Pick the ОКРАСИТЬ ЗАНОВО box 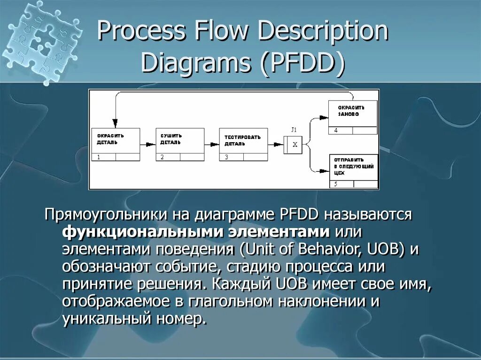[x=352, y=114]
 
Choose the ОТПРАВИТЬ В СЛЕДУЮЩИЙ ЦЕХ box [x=353, y=167]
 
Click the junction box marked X [x=295, y=145]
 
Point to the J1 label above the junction [x=294, y=130]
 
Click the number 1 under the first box [x=99, y=157]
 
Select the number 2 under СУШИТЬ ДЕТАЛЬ [x=162, y=157]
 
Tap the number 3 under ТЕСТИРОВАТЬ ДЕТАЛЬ [x=226, y=157]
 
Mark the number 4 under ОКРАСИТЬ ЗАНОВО [x=335, y=130]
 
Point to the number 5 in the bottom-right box [x=335, y=184]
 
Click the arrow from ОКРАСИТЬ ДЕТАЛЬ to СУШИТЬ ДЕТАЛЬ [x=147, y=145]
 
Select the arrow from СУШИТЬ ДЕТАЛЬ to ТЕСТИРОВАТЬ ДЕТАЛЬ [x=212, y=145]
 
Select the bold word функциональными [x=142, y=232]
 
